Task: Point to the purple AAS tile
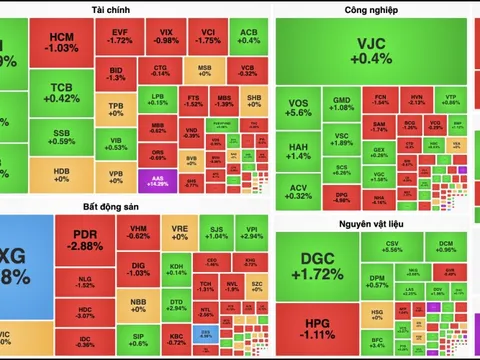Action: tap(157, 181)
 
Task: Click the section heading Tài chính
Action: tap(135, 8)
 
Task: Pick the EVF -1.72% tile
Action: tap(120, 37)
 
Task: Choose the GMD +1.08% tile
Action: tap(342, 104)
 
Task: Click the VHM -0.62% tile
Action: tap(139, 233)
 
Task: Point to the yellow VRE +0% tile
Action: tap(180, 233)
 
